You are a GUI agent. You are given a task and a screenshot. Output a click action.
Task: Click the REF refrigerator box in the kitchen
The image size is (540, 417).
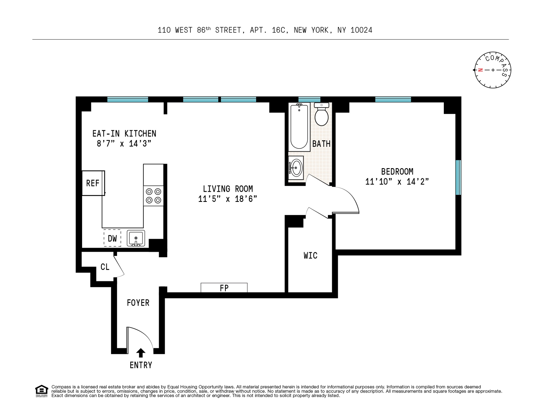(x=93, y=183)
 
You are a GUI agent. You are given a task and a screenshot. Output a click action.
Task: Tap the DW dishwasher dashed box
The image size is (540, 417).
(x=112, y=238)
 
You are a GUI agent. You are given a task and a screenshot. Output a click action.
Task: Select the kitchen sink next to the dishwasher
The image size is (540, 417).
(x=136, y=238)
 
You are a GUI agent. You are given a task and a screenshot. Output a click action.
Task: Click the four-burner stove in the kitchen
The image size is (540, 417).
(x=154, y=196)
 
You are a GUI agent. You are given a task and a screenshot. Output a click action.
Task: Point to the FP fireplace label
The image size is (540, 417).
(x=224, y=288)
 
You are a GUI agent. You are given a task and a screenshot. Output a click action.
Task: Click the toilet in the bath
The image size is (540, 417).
(x=321, y=115)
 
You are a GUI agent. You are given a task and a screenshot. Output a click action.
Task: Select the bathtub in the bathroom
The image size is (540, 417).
(x=299, y=127)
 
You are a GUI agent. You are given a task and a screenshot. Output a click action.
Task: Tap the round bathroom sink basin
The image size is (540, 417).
(x=296, y=168)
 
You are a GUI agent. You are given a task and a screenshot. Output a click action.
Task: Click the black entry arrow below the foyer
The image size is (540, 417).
(x=141, y=353)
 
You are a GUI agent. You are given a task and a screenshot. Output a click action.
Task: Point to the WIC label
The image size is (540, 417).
(x=310, y=256)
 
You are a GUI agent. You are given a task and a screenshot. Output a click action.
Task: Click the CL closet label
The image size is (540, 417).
(x=105, y=267)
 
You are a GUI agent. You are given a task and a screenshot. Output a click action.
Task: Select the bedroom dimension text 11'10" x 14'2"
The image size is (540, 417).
(x=397, y=182)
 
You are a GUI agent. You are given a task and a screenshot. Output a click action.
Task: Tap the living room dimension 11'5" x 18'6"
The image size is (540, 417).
(x=228, y=199)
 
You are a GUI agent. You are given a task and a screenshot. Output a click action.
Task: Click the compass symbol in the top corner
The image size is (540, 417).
(x=493, y=70)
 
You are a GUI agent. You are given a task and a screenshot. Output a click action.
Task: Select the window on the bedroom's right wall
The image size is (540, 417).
(x=458, y=177)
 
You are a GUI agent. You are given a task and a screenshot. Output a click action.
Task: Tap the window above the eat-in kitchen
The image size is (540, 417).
(x=128, y=99)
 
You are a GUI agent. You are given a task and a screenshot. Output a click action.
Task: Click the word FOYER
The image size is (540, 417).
(x=138, y=303)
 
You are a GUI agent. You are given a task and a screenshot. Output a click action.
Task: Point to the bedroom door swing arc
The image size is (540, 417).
(x=352, y=197)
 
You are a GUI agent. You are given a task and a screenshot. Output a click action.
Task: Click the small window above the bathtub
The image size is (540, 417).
(x=309, y=99)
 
